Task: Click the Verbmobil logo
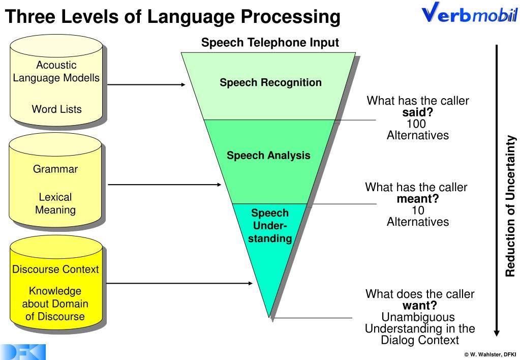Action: pyautogui.click(x=469, y=14)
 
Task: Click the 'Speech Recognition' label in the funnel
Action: pyautogui.click(x=270, y=82)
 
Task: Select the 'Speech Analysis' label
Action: pyautogui.click(x=268, y=156)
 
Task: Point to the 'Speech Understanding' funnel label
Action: pyautogui.click(x=270, y=226)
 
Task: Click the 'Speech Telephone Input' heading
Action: pyautogui.click(x=270, y=43)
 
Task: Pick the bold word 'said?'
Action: pyautogui.click(x=417, y=112)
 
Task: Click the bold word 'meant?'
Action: pyautogui.click(x=417, y=199)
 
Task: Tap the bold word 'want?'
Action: pyautogui.click(x=419, y=306)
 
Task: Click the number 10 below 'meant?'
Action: pyautogui.click(x=418, y=211)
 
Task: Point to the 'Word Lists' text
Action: pyautogui.click(x=56, y=109)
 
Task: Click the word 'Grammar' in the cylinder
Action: pyautogui.click(x=55, y=169)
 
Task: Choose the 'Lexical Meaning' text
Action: pyautogui.click(x=55, y=203)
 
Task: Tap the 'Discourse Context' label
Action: pyautogui.click(x=55, y=269)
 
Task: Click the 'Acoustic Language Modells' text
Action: pyautogui.click(x=56, y=72)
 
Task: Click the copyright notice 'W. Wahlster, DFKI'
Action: pyautogui.click(x=490, y=354)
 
